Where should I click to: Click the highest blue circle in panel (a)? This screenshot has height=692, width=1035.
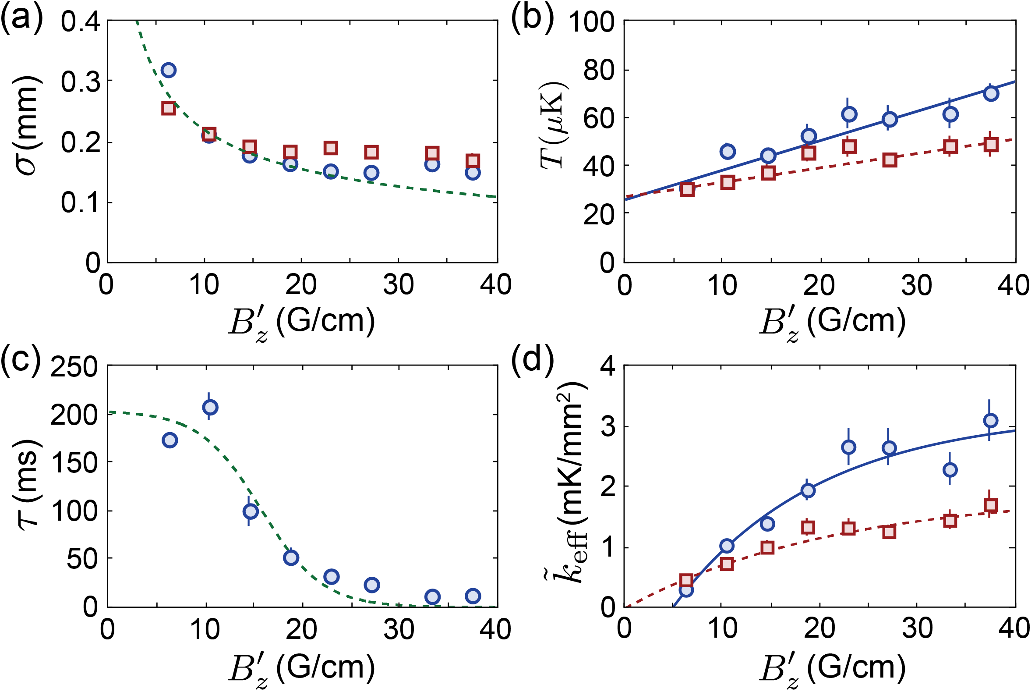169,70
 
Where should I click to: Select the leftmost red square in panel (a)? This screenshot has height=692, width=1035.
169,108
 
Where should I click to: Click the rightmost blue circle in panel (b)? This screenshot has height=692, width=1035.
991,93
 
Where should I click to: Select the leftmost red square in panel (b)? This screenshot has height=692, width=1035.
687,190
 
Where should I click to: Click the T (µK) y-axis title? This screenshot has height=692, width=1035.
554,126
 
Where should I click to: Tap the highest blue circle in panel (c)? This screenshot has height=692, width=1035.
209,407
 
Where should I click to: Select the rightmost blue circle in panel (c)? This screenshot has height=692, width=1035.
473,596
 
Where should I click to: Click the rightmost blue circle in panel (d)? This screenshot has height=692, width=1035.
990,421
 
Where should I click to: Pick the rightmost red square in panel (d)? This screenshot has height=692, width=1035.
991,505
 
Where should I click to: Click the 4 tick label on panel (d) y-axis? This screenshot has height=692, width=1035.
608,366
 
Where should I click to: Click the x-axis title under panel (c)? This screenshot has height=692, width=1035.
302,668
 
